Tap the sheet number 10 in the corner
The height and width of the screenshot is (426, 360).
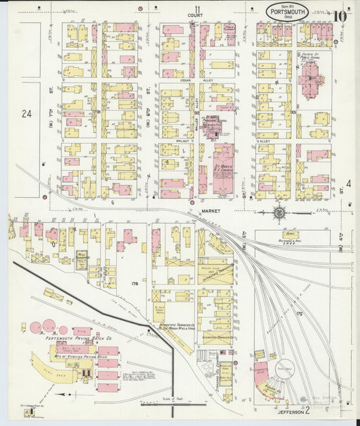click(x=340, y=16)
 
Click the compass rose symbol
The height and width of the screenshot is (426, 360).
click(x=279, y=213)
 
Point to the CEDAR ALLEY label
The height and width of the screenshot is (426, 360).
click(x=187, y=80)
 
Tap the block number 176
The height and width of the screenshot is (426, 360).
click(x=134, y=284)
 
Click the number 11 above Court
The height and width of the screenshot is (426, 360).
click(x=197, y=7)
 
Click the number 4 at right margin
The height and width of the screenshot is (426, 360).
click(x=349, y=184)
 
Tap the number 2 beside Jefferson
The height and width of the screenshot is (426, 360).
click(x=307, y=410)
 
